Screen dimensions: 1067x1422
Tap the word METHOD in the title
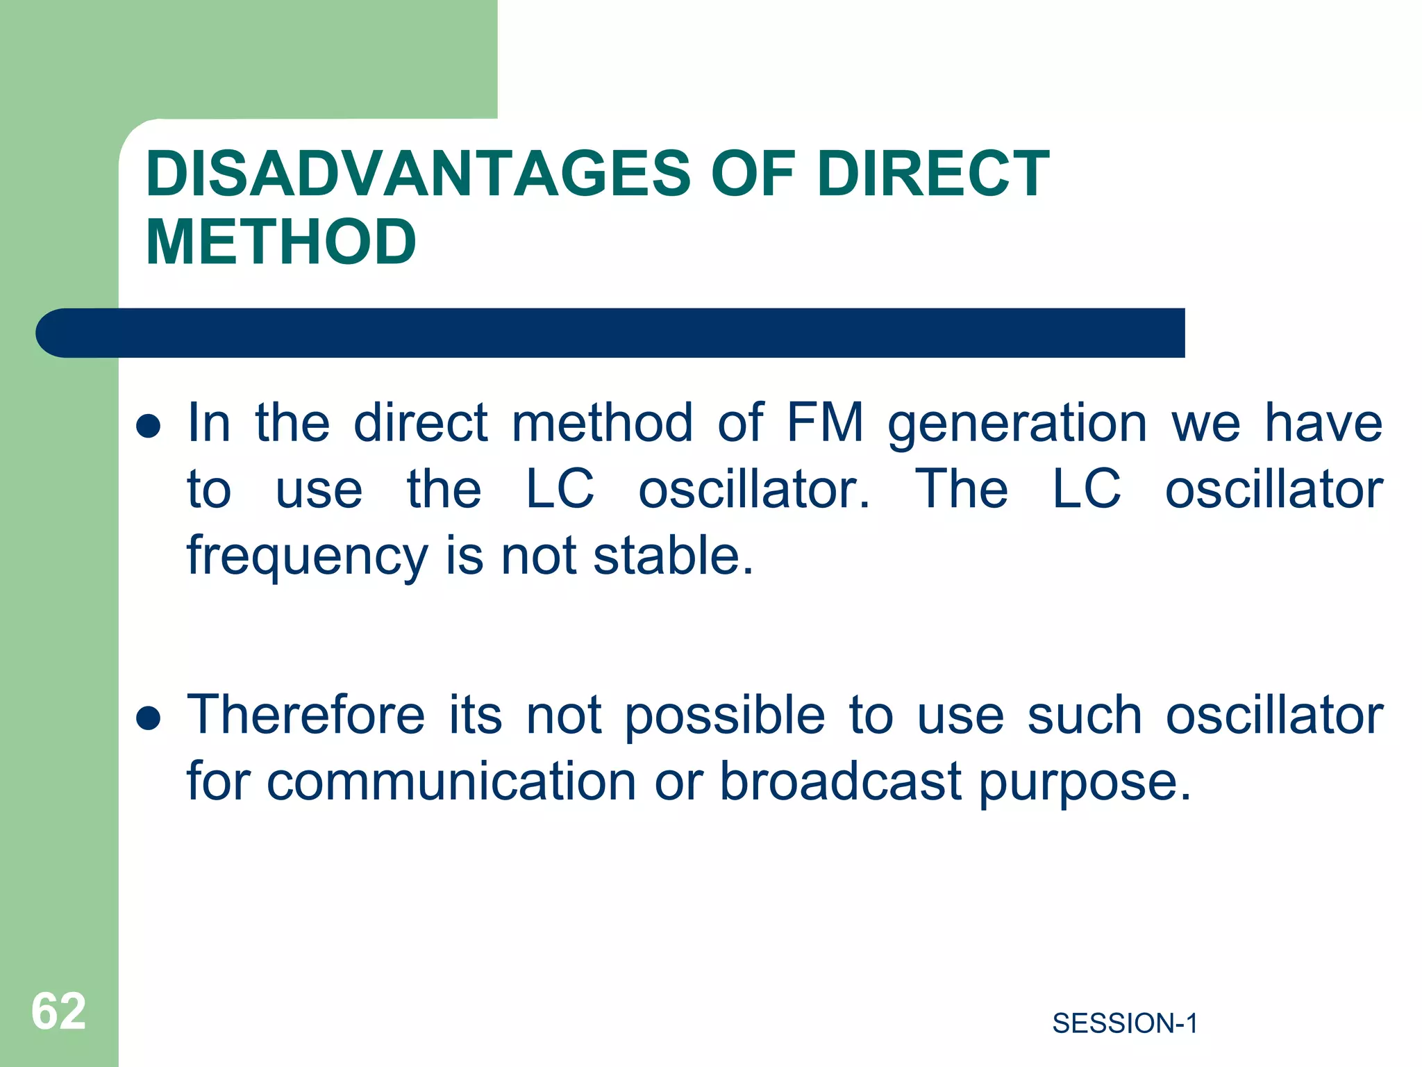coord(281,242)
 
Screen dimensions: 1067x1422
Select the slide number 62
coord(58,1011)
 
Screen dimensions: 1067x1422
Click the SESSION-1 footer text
coord(1125,1023)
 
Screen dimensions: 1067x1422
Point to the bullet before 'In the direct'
coord(149,425)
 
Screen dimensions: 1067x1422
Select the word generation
coord(1017,424)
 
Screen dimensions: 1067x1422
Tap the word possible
coord(725,716)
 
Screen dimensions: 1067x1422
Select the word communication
coord(451,781)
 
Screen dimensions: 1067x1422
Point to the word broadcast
coord(840,780)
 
